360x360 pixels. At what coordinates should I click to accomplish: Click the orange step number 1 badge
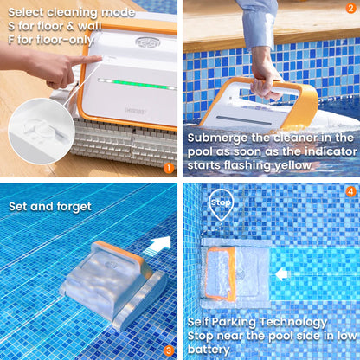click(x=168, y=168)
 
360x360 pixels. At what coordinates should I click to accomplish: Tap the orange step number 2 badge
click(x=350, y=10)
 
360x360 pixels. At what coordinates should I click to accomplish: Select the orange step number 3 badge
click(x=169, y=350)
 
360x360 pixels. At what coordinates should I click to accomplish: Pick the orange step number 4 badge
click(x=350, y=192)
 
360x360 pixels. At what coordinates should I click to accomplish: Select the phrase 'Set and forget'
click(x=48, y=206)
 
